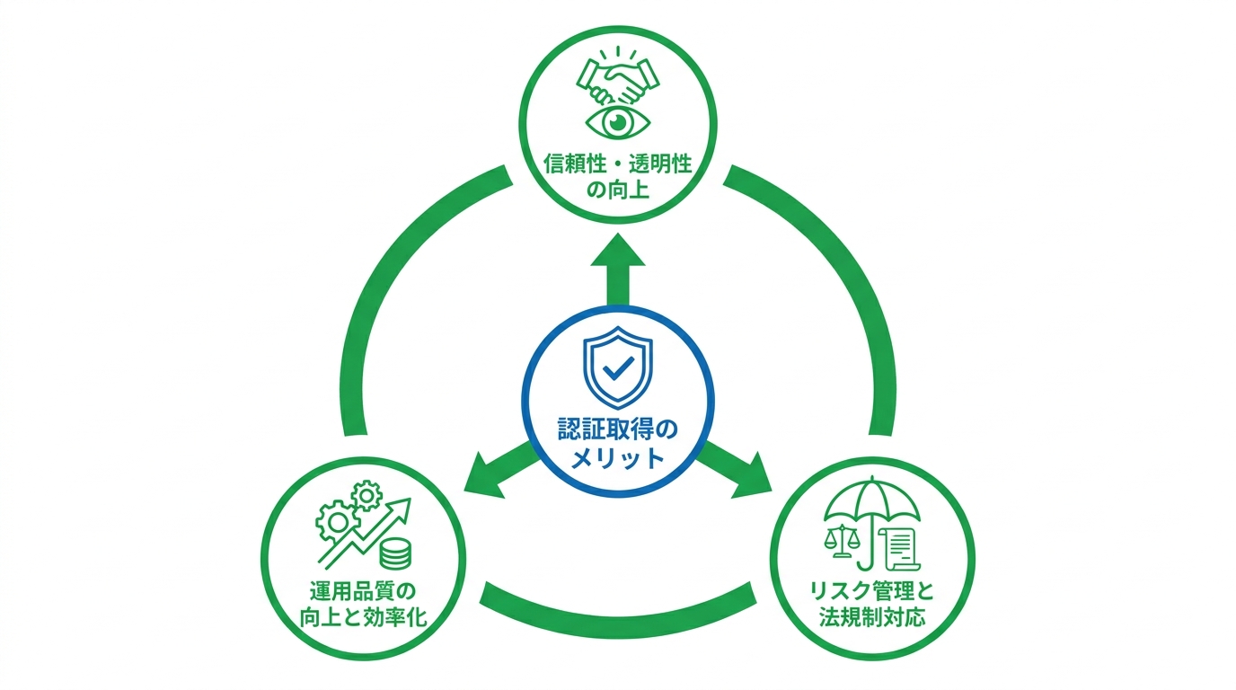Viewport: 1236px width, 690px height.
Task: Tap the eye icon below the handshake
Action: (x=617, y=122)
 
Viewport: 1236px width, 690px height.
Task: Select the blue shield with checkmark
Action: (x=618, y=367)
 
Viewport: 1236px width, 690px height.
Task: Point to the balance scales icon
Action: (x=842, y=541)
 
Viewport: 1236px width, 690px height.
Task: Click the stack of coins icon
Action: (x=395, y=553)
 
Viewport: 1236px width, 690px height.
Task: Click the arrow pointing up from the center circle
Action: (x=618, y=270)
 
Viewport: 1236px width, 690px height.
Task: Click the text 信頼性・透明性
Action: (x=617, y=164)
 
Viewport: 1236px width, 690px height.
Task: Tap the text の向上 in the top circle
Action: (x=617, y=190)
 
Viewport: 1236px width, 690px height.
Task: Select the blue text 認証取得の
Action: (x=617, y=429)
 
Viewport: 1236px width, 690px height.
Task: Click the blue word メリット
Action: (x=617, y=457)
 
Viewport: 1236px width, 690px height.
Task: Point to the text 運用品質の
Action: (x=363, y=592)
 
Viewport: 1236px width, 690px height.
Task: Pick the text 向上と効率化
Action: (x=363, y=618)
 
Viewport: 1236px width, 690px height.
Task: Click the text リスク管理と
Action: (x=872, y=591)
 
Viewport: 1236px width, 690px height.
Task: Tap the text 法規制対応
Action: (x=872, y=617)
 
